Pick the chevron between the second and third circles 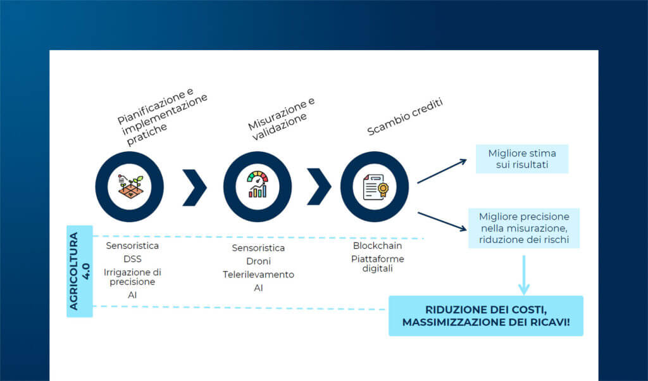(x=319, y=187)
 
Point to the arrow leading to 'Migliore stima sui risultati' (x=442, y=171)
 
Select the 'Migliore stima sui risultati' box (x=522, y=159)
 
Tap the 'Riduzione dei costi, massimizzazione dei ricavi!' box (x=485, y=315)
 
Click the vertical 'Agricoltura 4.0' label (x=79, y=271)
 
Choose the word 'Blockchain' (x=377, y=246)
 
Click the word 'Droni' (x=258, y=261)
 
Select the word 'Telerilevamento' (x=258, y=275)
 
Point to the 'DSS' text (x=132, y=259)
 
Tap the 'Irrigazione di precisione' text (x=132, y=277)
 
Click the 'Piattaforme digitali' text (x=377, y=263)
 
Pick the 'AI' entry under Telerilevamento (x=258, y=288)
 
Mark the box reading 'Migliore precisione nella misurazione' (x=524, y=228)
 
